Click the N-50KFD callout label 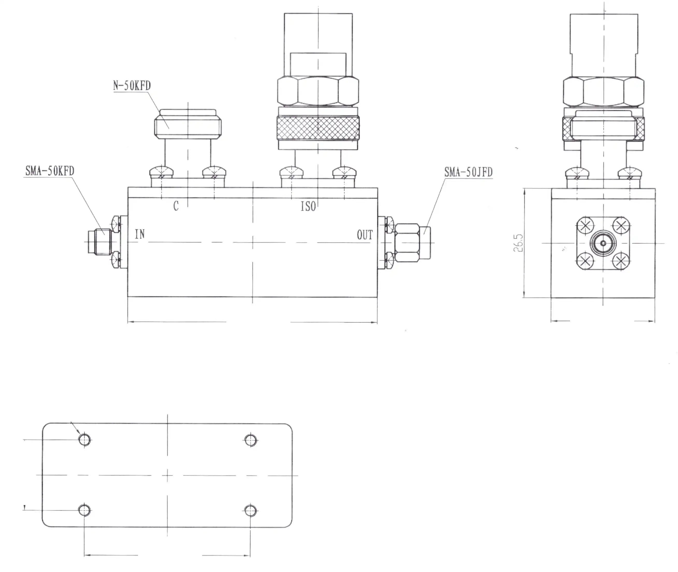tap(132, 86)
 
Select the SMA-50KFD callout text tap(50, 171)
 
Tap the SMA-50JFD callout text tap(468, 172)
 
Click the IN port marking tap(140, 234)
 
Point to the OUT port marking tap(365, 235)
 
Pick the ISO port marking tap(308, 207)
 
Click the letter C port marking tap(176, 206)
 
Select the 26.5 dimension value tap(518, 243)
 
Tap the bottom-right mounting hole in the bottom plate tap(251, 511)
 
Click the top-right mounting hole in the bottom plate tap(251, 440)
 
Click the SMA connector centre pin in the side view tap(603, 243)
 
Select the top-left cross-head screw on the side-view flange tap(585, 226)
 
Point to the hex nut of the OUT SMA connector tap(407, 243)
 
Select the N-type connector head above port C tap(188, 125)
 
